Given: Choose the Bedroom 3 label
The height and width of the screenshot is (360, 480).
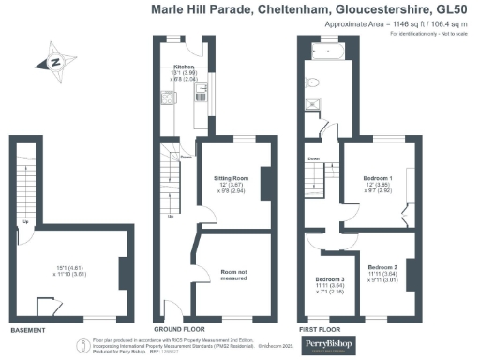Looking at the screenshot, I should pyautogui.click(x=329, y=280).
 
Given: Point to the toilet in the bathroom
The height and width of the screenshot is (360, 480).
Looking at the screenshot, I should pyautogui.click(x=323, y=129).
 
